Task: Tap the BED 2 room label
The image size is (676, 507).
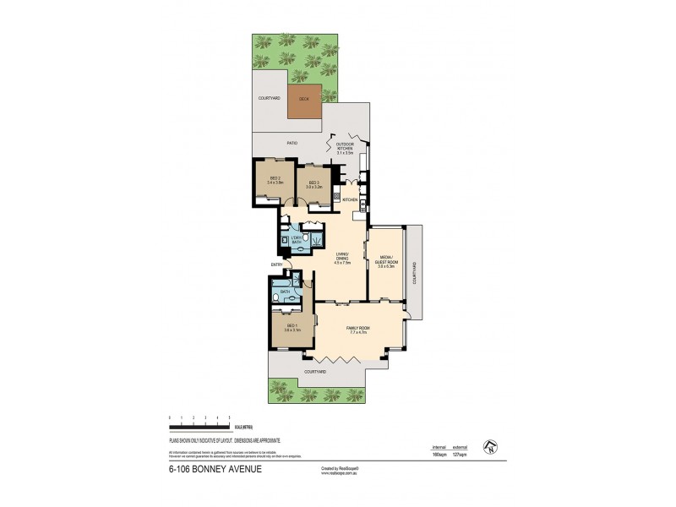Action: pos(275,179)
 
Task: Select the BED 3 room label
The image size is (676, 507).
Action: pos(313,184)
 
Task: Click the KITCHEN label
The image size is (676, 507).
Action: pos(350,199)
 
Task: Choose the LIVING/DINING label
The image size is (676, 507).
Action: pos(342,259)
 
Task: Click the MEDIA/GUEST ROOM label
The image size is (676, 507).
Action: pos(385,262)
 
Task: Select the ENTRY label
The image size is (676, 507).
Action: pos(276,264)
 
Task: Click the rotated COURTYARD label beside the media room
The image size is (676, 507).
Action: pos(414,272)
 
